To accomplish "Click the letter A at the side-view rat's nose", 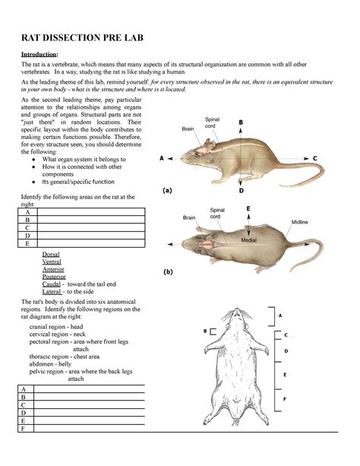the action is (162, 159).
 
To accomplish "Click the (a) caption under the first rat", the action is (168, 191).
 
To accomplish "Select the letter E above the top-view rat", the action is (248, 208).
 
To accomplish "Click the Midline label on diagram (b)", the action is (300, 221).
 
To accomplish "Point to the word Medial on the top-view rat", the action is (250, 239).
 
